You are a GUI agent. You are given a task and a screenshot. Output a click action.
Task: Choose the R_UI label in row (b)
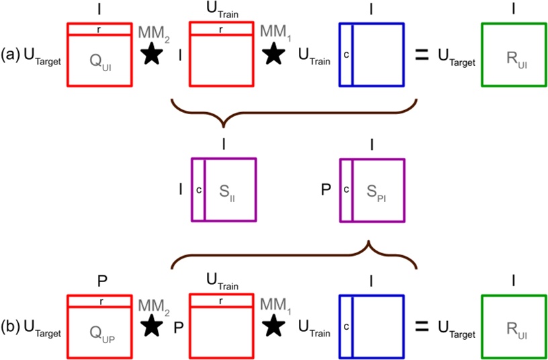(x=514, y=329)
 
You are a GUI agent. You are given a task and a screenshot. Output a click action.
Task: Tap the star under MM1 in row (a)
(x=273, y=55)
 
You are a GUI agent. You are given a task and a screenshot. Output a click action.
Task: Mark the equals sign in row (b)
(x=421, y=326)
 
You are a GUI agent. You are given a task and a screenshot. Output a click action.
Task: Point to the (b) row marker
(x=11, y=327)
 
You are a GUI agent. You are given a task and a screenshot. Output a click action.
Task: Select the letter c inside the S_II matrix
(x=198, y=189)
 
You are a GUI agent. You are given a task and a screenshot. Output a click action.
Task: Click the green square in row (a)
(x=514, y=54)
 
